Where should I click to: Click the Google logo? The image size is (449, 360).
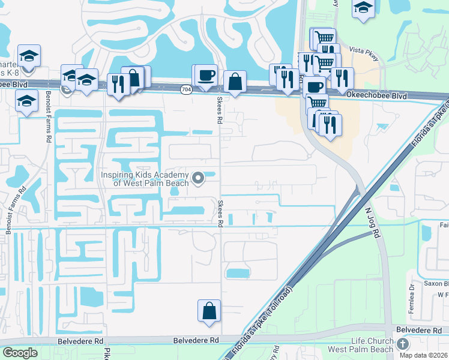pyautogui.click(x=20, y=353)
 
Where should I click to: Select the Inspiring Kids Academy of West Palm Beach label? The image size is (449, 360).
pyautogui.click(x=145, y=179)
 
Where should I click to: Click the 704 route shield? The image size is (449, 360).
pyautogui.click(x=186, y=89)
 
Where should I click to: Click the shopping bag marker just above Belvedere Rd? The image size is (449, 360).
pyautogui.click(x=209, y=311)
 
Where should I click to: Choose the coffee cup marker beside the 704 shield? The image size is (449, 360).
pyautogui.click(x=206, y=76)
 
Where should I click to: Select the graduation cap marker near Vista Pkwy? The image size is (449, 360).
pyautogui.click(x=363, y=9)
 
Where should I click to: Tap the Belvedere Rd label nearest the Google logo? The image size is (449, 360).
pyautogui.click(x=78, y=341)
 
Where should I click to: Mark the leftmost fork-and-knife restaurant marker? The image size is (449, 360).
pyautogui.click(x=116, y=83)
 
